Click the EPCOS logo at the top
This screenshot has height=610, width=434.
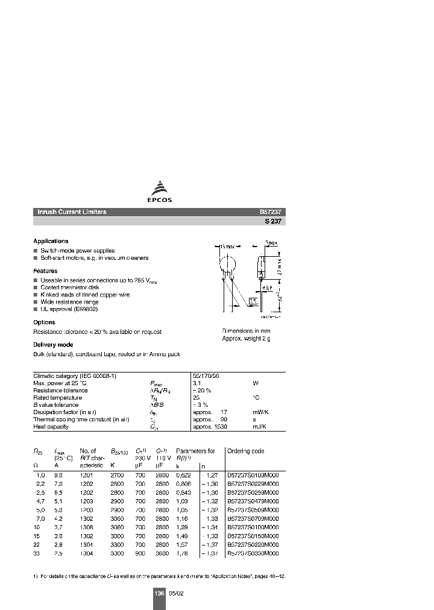pyautogui.click(x=160, y=192)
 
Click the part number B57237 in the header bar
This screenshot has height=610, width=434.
pyautogui.click(x=272, y=212)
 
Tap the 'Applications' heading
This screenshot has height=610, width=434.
pyautogui.click(x=51, y=241)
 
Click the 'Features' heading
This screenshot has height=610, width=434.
pyautogui.click(x=45, y=271)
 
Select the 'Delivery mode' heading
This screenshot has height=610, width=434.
pyautogui.click(x=53, y=345)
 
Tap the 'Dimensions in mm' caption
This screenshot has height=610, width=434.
pyautogui.click(x=246, y=332)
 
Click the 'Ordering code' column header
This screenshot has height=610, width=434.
pyautogui.click(x=246, y=451)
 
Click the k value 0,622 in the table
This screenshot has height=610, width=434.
pyautogui.click(x=183, y=475)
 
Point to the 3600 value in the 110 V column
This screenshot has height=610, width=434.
pyautogui.click(x=163, y=553)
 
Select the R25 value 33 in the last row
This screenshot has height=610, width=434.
pyautogui.click(x=36, y=553)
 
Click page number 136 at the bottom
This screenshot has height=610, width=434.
pyautogui.click(x=159, y=593)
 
